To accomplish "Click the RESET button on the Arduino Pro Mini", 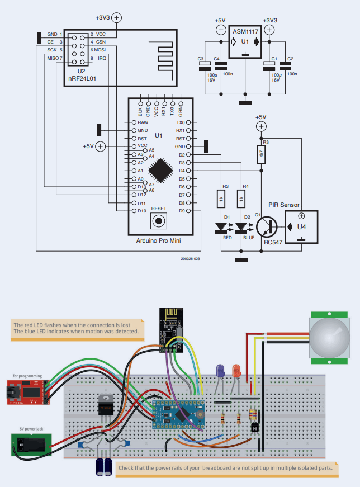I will click(159, 221).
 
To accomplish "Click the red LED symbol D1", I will click(221, 228).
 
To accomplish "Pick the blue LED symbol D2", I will click(241, 228).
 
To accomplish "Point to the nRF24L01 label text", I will click(82, 79).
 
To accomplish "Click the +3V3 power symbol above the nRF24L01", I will click(117, 17).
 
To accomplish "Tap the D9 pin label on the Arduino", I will click(181, 211).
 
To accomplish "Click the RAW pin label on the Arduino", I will click(143, 122).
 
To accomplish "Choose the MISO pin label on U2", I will click(53, 58).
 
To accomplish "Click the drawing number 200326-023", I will click(190, 259).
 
